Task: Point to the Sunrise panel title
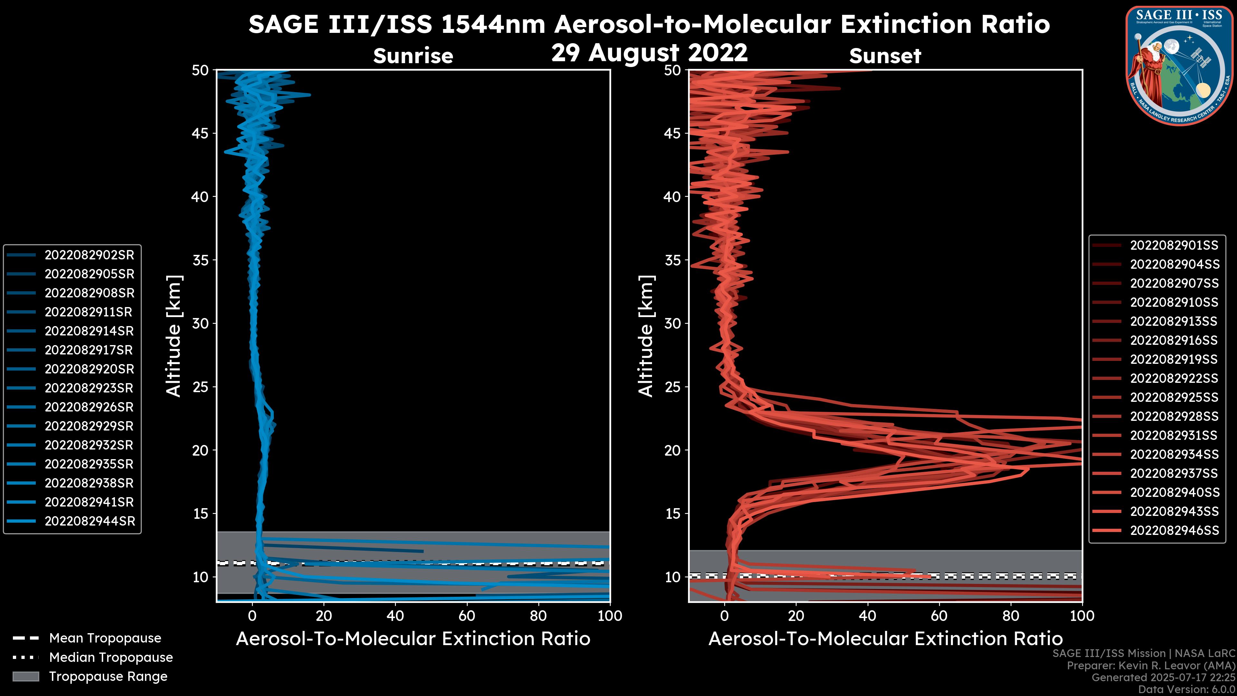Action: [x=413, y=56]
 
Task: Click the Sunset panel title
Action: [x=885, y=56]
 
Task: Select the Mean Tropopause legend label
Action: [x=105, y=638]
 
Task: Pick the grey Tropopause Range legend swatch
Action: [x=26, y=676]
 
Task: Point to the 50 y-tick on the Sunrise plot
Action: [x=200, y=70]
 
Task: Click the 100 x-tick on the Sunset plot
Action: [x=1082, y=616]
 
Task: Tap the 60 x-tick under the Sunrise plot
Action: [x=467, y=616]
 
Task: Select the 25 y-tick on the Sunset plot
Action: [x=673, y=387]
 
